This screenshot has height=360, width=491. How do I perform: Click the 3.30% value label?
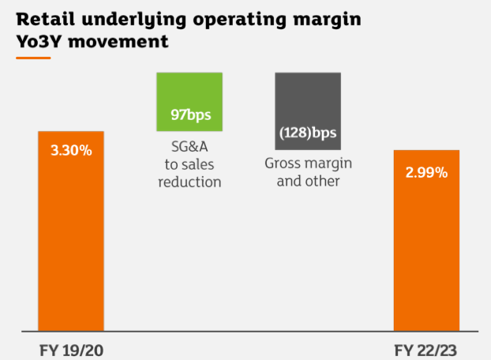point(71,150)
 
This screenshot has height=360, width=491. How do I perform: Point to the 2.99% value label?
point(426,171)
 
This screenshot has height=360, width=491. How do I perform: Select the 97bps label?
point(189,115)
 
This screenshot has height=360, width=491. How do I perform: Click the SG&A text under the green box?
point(189,148)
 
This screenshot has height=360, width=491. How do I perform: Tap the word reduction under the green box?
point(189,182)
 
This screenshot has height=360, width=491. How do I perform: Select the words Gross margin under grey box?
point(307,163)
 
